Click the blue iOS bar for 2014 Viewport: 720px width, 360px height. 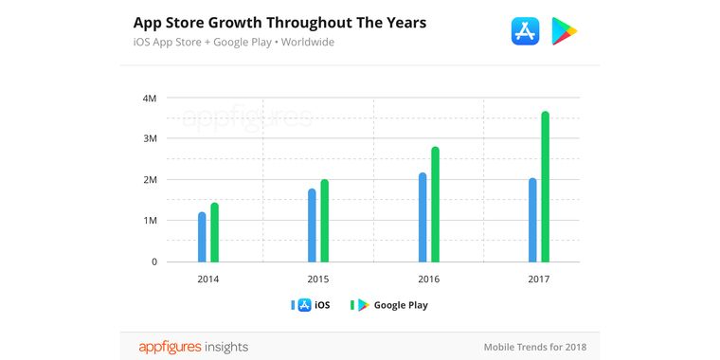(202, 237)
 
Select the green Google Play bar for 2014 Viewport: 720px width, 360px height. (214, 233)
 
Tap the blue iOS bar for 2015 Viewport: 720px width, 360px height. (312, 225)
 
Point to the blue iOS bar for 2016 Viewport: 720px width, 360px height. (423, 217)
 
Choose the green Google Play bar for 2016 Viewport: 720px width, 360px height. (435, 205)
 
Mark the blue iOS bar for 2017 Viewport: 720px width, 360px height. (532, 220)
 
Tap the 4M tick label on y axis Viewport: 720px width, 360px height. (150, 98)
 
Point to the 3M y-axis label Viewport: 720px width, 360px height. (150, 138)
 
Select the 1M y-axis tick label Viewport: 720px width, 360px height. (150, 221)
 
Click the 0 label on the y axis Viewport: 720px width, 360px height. (153, 261)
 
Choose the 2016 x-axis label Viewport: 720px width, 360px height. (429, 279)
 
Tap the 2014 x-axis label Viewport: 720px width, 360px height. (208, 279)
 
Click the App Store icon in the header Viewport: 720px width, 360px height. (525, 30)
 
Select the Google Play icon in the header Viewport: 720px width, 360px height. (565, 30)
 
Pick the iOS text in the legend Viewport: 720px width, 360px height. (322, 305)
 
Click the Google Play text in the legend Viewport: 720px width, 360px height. (401, 305)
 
